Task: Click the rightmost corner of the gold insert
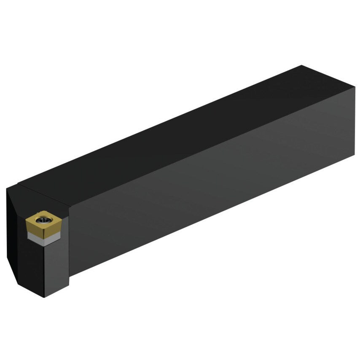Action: [61, 220]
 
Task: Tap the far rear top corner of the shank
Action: [302, 65]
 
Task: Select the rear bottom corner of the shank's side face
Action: [355, 155]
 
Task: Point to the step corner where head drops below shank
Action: [69, 276]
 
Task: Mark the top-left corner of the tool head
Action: [8, 188]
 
